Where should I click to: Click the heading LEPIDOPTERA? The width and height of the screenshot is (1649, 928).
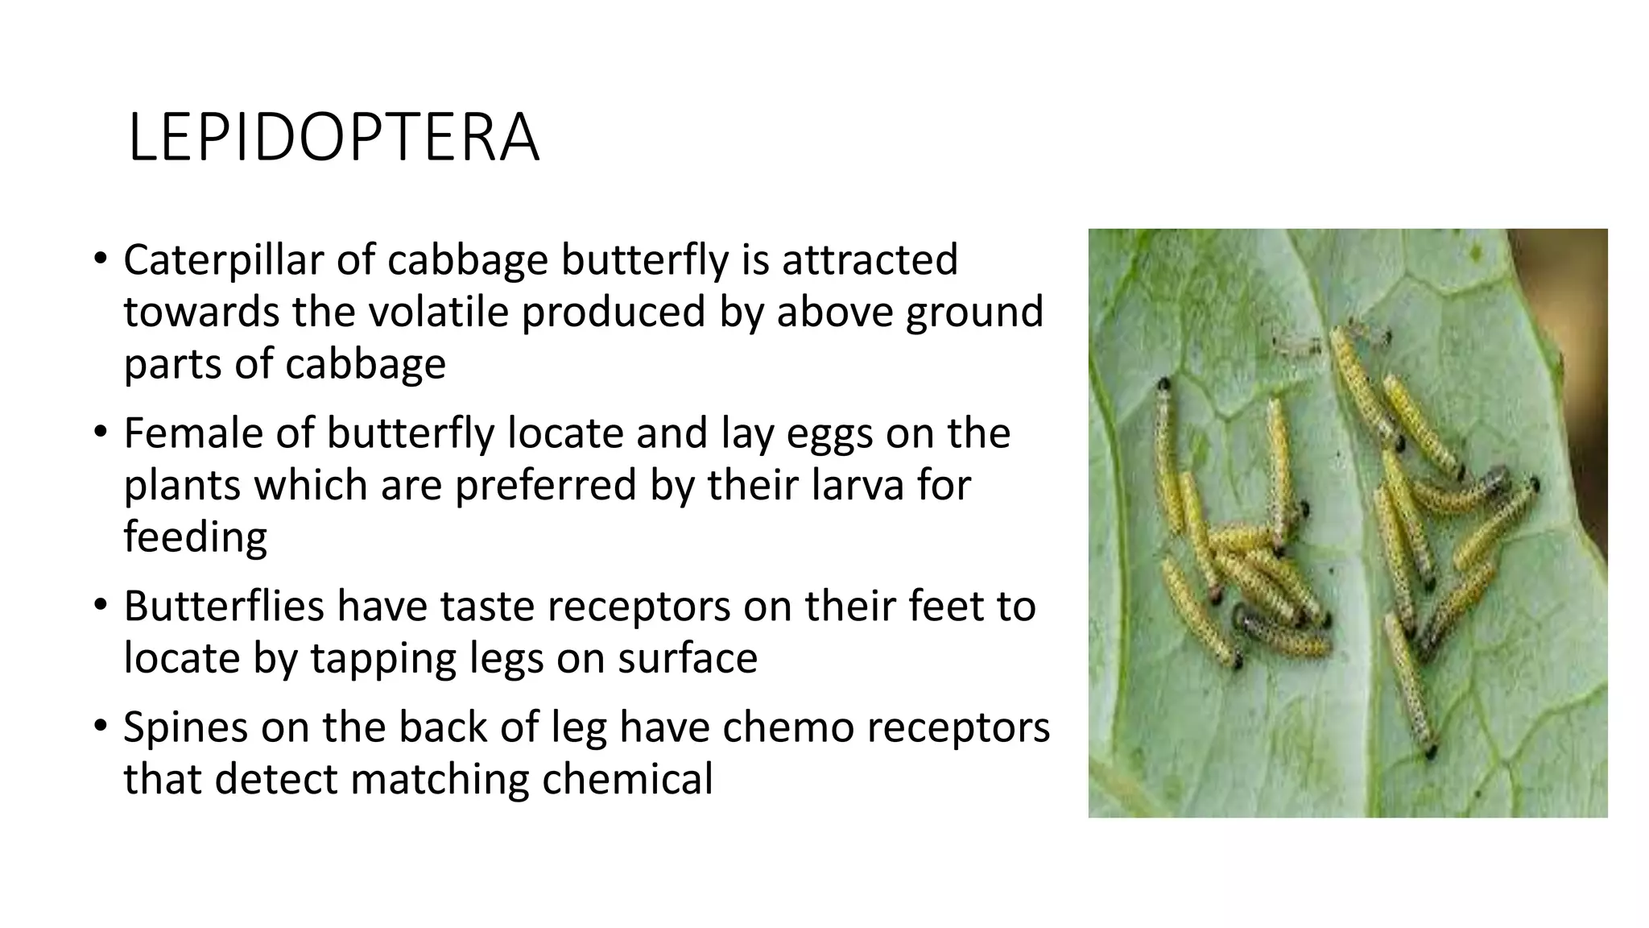333,139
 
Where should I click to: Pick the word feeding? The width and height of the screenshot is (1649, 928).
195,538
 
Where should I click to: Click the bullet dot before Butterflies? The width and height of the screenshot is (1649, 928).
100,604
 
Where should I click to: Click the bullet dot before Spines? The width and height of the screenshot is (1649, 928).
100,725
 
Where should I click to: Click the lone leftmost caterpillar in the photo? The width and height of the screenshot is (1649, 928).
1165,451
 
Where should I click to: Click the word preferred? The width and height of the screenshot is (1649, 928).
545,486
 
